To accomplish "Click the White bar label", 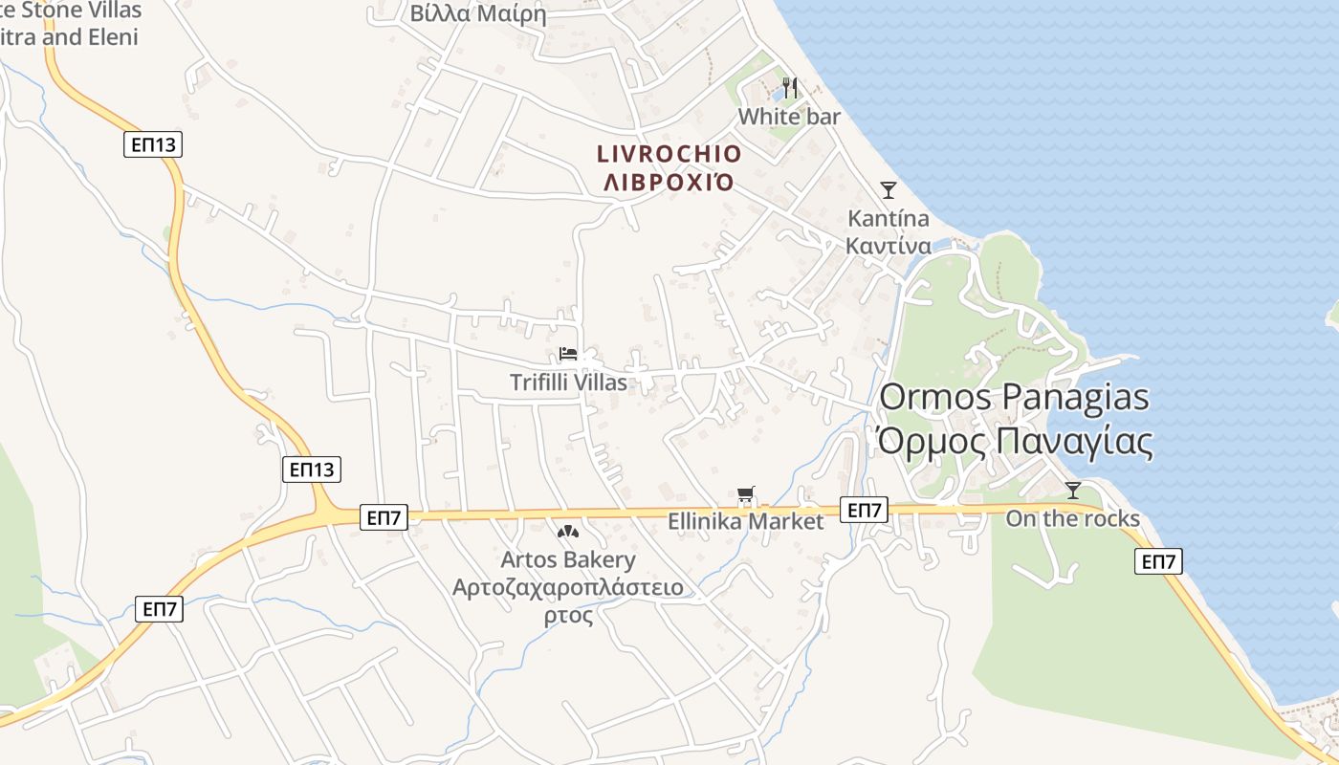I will [789, 117].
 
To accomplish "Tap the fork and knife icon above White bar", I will [790, 88].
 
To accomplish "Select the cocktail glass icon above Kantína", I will [889, 190].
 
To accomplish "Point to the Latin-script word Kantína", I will [889, 218].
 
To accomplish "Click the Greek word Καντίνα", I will [889, 246].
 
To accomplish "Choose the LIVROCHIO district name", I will [669, 154].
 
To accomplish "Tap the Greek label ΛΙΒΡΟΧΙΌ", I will [669, 182].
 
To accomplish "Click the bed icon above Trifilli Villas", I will [568, 354].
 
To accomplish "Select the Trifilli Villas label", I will [568, 382].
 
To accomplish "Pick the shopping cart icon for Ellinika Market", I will [746, 494].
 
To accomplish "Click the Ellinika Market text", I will [745, 522].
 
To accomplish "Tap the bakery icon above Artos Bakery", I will [568, 531].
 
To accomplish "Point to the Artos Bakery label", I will [568, 559].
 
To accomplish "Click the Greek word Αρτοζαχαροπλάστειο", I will [568, 586].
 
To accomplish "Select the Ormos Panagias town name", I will [1014, 397].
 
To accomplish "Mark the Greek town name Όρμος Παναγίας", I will [1014, 441].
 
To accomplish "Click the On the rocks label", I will [1072, 518].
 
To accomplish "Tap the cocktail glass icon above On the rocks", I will [1073, 491].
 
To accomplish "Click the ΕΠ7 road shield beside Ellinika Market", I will [864, 510].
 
